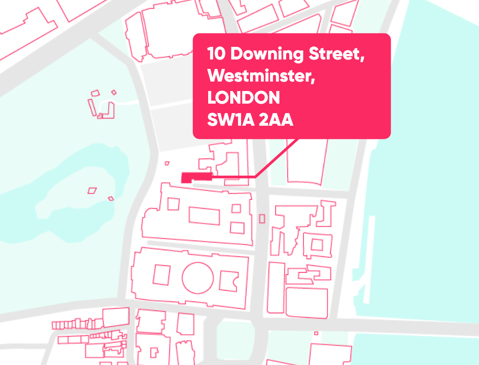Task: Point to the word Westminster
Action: (x=261, y=77)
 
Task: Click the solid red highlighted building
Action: (x=195, y=177)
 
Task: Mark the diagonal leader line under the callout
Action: (x=277, y=158)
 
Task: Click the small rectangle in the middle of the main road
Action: (x=262, y=219)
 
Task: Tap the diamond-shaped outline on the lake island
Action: (x=92, y=191)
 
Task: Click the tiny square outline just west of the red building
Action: (x=167, y=164)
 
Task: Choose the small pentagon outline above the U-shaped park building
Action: (x=95, y=93)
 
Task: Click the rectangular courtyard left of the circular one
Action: (x=162, y=275)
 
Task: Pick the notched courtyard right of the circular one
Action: (x=229, y=281)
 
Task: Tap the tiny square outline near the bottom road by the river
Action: (x=316, y=333)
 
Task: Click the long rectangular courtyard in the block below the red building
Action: (x=204, y=215)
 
